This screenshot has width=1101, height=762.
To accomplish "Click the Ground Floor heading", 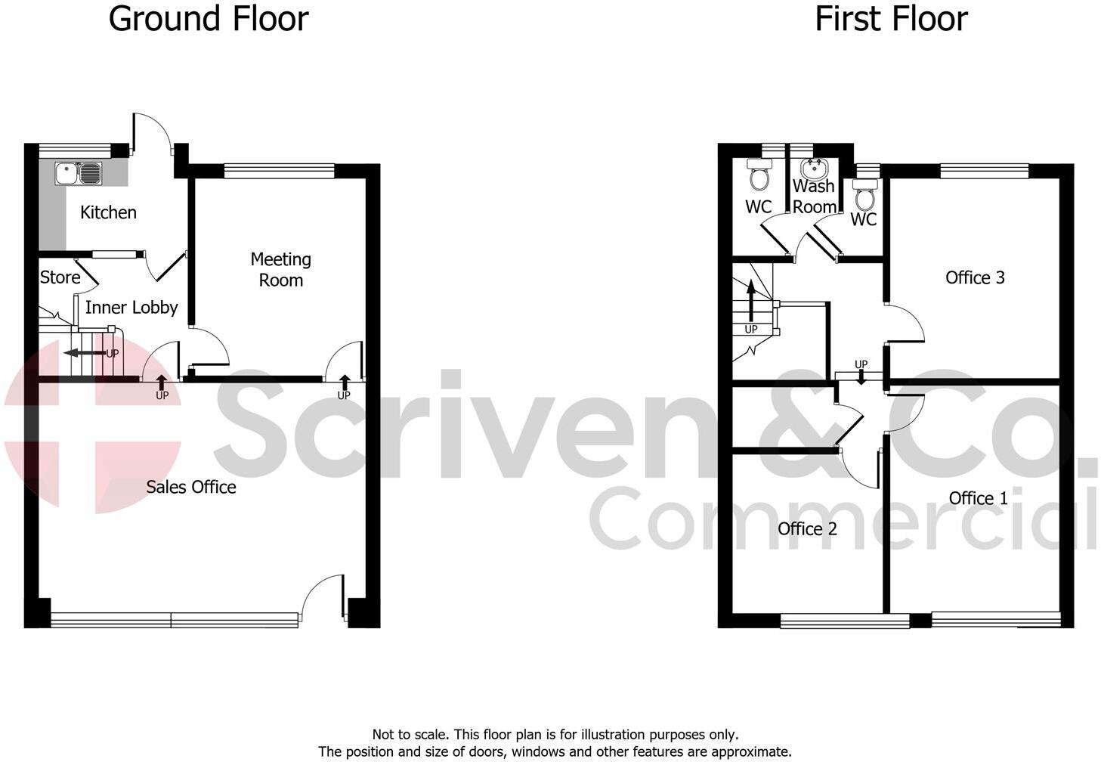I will pyautogui.click(x=209, y=19).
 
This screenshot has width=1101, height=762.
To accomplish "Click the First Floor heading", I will pyautogui.click(x=891, y=19).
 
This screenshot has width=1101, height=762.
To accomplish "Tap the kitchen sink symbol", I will pyautogui.click(x=78, y=174).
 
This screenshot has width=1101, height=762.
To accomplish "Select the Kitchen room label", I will pyautogui.click(x=108, y=212).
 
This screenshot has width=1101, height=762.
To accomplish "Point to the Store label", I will pyautogui.click(x=60, y=277).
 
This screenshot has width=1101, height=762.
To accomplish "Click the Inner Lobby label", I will pyautogui.click(x=131, y=308).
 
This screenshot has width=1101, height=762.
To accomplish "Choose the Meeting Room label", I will pyautogui.click(x=281, y=270).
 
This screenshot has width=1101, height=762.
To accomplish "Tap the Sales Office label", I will pyautogui.click(x=191, y=487).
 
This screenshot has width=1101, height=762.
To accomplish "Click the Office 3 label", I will pyautogui.click(x=975, y=277).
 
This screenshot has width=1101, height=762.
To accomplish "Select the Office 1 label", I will pyautogui.click(x=978, y=498).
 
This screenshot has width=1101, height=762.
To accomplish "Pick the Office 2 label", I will pyautogui.click(x=807, y=528).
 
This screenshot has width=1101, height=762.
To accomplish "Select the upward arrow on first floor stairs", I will pyautogui.click(x=750, y=301).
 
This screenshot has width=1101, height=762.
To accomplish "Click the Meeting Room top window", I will pyautogui.click(x=279, y=172).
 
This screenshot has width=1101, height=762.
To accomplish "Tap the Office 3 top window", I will pyautogui.click(x=984, y=172).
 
